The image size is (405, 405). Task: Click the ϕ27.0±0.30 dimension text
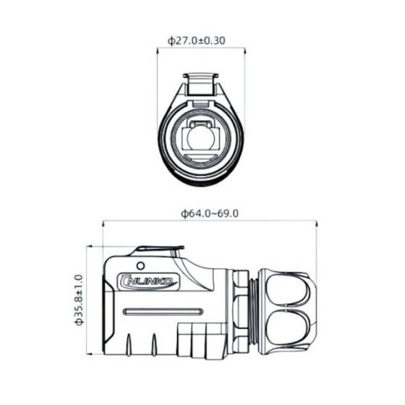[x=196, y=40]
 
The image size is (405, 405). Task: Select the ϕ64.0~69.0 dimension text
[x=210, y=214]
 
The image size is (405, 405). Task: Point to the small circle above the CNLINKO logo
[x=141, y=264]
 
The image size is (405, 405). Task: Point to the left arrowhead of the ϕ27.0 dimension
[x=159, y=51]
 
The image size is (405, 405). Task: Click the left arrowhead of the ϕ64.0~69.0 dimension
[x=106, y=223]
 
